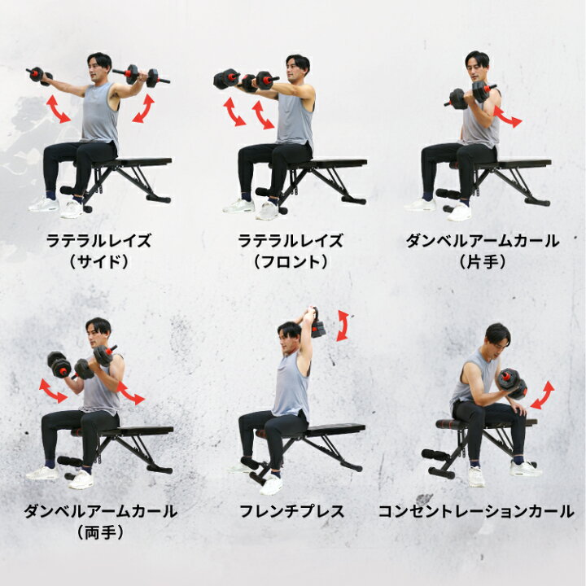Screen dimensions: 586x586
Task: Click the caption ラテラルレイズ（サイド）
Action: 98,251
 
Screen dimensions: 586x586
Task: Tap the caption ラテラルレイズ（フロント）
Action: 291,251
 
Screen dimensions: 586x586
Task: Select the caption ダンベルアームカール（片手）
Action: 482,251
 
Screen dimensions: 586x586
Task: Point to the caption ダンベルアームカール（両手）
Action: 100,522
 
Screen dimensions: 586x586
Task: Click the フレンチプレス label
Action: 291,511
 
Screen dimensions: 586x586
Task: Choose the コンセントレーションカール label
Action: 476,511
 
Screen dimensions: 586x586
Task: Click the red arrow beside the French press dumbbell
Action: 343,326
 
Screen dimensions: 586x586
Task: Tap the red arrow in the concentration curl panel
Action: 542,396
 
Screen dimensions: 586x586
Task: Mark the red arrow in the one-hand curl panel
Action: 507,116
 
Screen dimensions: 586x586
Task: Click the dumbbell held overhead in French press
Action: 317,324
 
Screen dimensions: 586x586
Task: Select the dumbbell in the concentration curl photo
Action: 513,383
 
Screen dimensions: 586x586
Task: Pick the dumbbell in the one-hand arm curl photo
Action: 470,94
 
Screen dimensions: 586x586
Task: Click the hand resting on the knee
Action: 518,407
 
